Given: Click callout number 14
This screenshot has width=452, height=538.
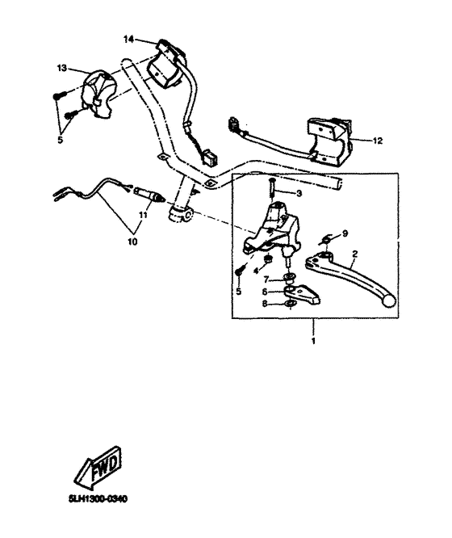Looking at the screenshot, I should point(128,39).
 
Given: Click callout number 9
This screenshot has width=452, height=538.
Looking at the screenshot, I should point(345,233).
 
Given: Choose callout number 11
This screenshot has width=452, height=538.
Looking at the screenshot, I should point(142,216).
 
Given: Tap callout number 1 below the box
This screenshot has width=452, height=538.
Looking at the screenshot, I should point(313,341).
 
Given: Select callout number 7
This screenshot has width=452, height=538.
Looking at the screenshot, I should point(266,278).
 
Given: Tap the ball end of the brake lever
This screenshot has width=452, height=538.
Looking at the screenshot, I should point(390,301).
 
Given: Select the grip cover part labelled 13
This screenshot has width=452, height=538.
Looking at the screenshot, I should point(101,89).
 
